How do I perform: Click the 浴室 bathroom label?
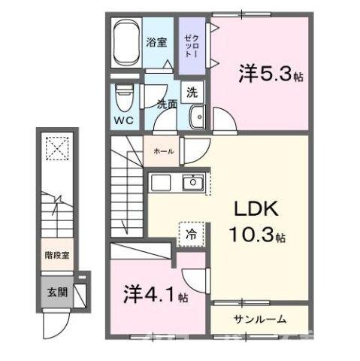coord(156,43)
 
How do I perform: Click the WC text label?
coord(124,120)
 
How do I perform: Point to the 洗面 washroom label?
coord(166,106)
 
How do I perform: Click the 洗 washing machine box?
coord(192,93)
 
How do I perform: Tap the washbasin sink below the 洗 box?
coord(198,117)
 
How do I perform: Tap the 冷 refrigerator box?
coord(191,234)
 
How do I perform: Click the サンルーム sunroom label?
coord(259,319)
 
